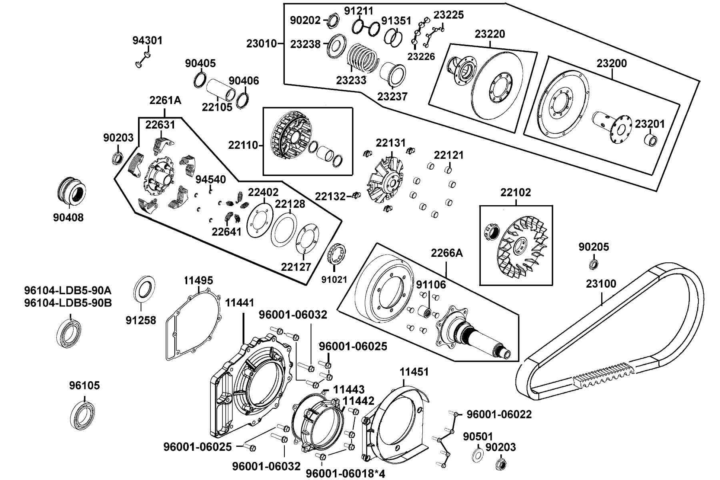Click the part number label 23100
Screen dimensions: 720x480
pos(601,284)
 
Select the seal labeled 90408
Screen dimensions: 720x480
pos(71,190)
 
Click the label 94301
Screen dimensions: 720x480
pos(148,40)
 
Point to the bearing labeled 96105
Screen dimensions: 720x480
pos(84,415)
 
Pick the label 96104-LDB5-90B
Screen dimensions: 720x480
pos(68,303)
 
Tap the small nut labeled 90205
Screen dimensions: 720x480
pos(594,264)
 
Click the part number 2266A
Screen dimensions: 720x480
pos(446,253)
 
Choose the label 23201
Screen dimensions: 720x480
pos(650,124)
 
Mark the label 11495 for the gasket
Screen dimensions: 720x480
pos(198,280)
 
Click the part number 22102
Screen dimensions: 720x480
pos(516,192)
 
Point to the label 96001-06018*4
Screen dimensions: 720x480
pos(346,474)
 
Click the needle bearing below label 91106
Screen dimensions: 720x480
pos(424,311)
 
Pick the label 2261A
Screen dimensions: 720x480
pos(165,100)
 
